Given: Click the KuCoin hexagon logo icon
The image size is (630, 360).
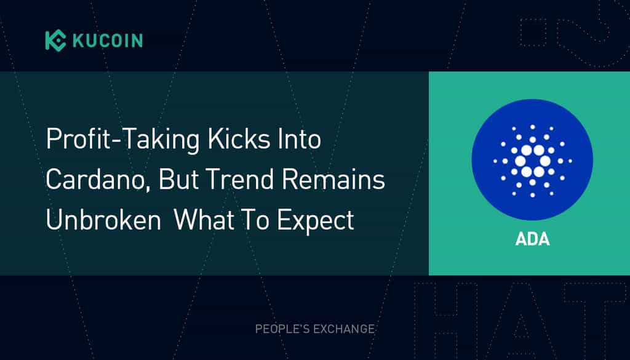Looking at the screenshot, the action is tap(55, 40).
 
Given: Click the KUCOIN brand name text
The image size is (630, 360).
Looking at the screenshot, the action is tap(108, 41).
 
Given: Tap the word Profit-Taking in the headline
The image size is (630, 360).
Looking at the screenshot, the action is tap(122, 140).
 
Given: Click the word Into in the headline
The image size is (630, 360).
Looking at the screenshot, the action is tap(296, 138).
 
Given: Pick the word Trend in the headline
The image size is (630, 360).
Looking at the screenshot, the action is tap(239, 179).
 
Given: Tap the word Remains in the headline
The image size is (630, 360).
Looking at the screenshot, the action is tap(333, 179).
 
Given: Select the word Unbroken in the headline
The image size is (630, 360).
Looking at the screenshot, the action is tap(103, 219).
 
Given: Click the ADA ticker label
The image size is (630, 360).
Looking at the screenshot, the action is tap(532, 239).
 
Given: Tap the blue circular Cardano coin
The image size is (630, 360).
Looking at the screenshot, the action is tap(532, 160).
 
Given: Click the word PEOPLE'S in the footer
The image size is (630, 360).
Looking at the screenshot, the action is tap(282, 329).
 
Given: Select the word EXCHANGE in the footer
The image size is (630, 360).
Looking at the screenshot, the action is tap(344, 329).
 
